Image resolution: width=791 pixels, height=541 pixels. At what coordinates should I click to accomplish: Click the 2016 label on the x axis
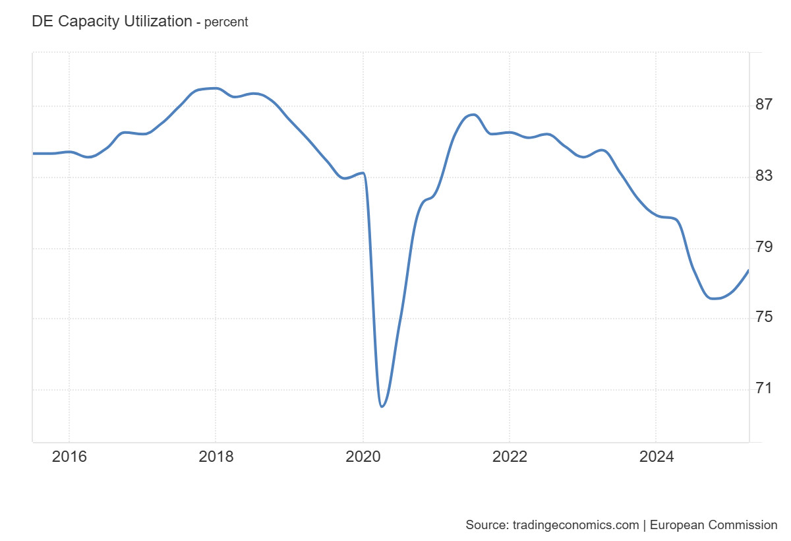[x=69, y=457]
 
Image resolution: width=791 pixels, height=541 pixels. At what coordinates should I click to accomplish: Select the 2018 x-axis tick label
[x=216, y=457]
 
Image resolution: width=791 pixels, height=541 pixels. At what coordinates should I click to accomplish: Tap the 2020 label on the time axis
[x=363, y=457]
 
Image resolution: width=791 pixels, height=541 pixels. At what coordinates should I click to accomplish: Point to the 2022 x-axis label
[x=510, y=457]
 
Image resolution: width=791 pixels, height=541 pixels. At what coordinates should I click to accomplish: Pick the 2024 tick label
[x=656, y=457]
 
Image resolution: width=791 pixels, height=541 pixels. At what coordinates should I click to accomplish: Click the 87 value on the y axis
[x=764, y=104]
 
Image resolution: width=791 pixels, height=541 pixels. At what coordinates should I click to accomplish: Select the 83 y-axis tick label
[x=764, y=176]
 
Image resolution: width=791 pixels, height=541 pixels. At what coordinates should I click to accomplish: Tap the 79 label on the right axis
[x=764, y=247]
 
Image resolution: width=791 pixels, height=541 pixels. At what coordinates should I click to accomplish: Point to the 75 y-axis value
[x=764, y=317]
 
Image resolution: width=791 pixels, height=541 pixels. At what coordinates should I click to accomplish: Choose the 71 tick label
[x=764, y=388]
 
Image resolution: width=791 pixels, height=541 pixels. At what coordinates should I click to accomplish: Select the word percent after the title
[x=226, y=22]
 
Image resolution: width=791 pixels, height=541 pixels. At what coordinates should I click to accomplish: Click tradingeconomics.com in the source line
[x=573, y=525]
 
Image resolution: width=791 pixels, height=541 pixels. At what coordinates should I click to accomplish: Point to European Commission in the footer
[x=714, y=525]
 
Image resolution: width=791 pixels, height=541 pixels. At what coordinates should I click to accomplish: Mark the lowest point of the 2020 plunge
[x=382, y=406]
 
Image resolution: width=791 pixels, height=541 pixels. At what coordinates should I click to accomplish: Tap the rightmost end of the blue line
[x=748, y=270]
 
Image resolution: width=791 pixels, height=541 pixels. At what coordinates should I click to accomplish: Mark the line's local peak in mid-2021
[x=473, y=115]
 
